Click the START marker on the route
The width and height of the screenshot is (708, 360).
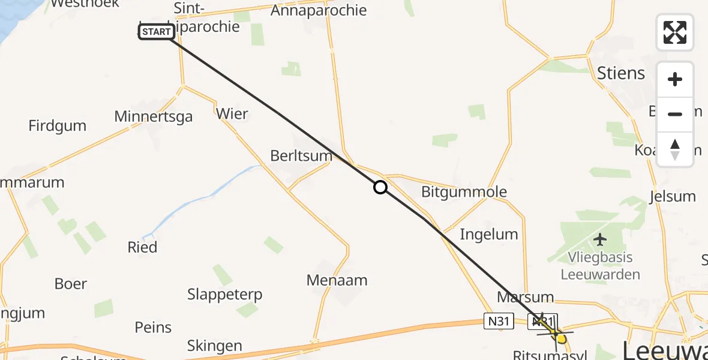(157, 32)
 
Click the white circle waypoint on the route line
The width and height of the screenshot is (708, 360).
(380, 187)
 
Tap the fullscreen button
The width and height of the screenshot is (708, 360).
(674, 32)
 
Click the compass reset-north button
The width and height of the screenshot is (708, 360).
(674, 149)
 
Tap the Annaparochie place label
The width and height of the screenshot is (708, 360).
(319, 10)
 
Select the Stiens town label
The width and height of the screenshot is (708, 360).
(621, 73)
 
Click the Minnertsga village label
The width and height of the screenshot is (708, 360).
(154, 116)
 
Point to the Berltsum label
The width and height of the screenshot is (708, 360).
(301, 155)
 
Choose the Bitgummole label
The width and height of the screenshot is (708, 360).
(464, 192)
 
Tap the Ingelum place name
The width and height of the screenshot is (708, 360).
(488, 234)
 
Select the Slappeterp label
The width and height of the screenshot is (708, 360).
(224, 295)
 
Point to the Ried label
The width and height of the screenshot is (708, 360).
(142, 247)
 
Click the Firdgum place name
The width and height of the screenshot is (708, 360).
(58, 125)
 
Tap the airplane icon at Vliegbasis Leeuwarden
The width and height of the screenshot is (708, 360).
(599, 240)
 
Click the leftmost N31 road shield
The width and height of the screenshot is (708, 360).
(499, 322)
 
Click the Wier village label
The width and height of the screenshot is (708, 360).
(232, 113)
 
